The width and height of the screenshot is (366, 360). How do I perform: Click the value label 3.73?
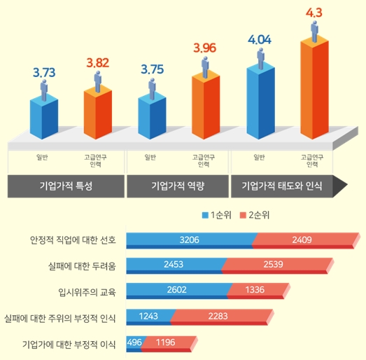pyautogui.click(x=44, y=71)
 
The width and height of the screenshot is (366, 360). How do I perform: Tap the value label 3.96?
pyautogui.click(x=206, y=48)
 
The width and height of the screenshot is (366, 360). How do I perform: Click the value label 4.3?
pyautogui.click(x=314, y=12)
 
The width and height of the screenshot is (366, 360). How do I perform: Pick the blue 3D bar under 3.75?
pyautogui.click(x=153, y=116)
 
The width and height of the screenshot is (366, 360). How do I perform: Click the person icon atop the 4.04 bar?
pyautogui.click(x=260, y=56)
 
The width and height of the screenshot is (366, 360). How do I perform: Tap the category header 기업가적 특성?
pyautogui.click(x=66, y=186)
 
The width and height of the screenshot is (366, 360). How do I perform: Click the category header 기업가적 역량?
pyautogui.click(x=175, y=186)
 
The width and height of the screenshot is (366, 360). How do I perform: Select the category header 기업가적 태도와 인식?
pyautogui.click(x=283, y=186)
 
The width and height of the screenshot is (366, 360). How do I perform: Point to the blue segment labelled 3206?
pyautogui.click(x=189, y=240)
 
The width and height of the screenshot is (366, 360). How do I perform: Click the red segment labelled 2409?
pyautogui.click(x=302, y=240)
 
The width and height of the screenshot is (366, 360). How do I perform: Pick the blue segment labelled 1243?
pyautogui.click(x=148, y=316)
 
